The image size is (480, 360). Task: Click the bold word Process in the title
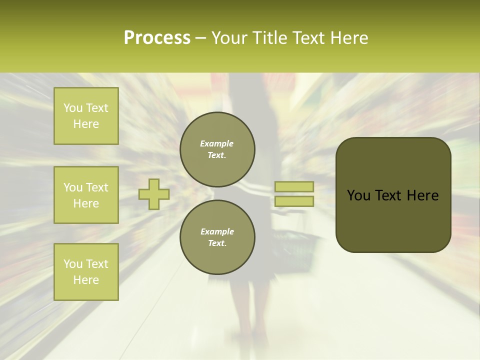pyautogui.click(x=157, y=38)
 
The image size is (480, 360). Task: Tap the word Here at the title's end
pyautogui.click(x=348, y=38)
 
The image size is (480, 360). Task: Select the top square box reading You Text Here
pyautogui.click(x=86, y=116)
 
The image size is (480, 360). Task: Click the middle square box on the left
pyautogui.click(x=86, y=195)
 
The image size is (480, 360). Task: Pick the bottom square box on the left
pyautogui.click(x=86, y=272)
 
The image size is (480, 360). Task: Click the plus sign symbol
pyautogui.click(x=154, y=194)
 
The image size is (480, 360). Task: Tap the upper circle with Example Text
pyautogui.click(x=217, y=149)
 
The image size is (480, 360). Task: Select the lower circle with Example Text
pyautogui.click(x=217, y=237)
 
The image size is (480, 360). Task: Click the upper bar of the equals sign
pyautogui.click(x=294, y=186)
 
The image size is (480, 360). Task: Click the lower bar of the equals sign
pyautogui.click(x=294, y=201)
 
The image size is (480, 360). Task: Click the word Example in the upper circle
pyautogui.click(x=217, y=143)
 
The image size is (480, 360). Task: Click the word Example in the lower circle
pyautogui.click(x=217, y=231)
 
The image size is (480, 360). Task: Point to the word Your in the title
pyautogui.click(x=230, y=38)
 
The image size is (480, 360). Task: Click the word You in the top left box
pyautogui.click(x=72, y=108)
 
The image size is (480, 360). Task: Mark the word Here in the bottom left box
pyautogui.click(x=86, y=280)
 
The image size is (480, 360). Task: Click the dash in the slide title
pyautogui.click(x=200, y=38)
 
